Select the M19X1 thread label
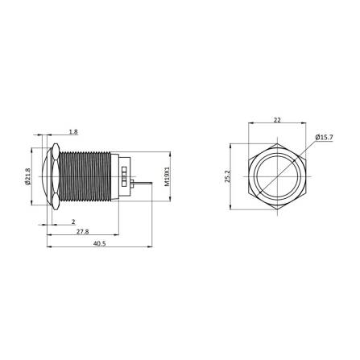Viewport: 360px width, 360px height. (167, 176)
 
